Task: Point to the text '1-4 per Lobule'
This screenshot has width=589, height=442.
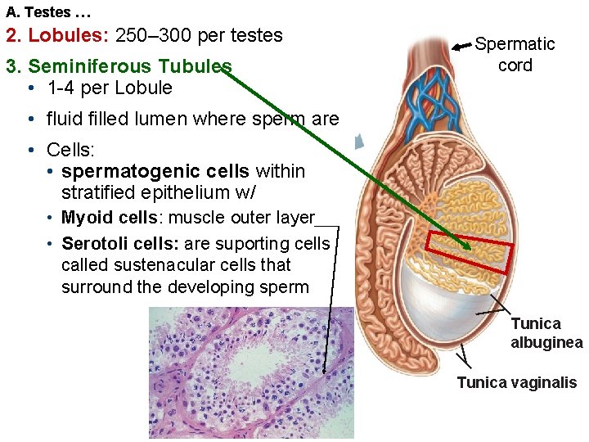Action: point(110,88)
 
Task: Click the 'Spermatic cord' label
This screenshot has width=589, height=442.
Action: point(515,54)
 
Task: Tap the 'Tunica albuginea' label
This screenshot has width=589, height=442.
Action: point(546,333)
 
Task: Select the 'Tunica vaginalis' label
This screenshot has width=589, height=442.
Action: point(516,382)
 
